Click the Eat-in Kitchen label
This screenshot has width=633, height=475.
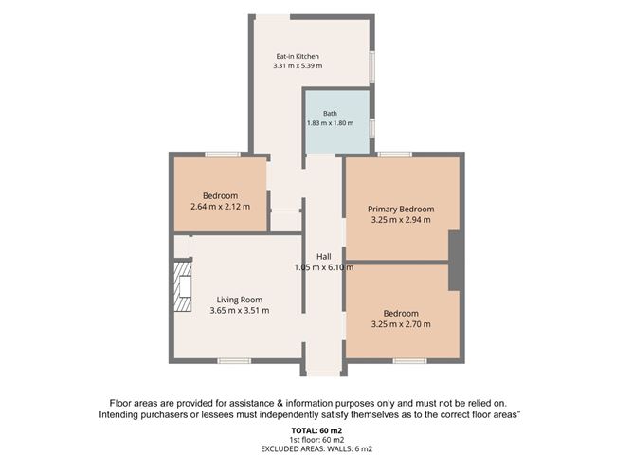[298, 56]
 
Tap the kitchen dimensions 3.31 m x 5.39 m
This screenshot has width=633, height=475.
[298, 65]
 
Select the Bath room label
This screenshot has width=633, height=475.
[330, 114]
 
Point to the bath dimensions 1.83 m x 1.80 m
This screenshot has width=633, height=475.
[330, 123]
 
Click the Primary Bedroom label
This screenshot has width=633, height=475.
[401, 210]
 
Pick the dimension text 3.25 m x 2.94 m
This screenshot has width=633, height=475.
[401, 220]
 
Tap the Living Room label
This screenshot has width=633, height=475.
[240, 300]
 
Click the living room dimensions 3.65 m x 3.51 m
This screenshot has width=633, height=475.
[240, 310]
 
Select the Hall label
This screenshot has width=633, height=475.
[324, 257]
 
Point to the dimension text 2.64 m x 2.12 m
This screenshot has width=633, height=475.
[220, 207]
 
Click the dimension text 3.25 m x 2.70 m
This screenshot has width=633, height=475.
[401, 324]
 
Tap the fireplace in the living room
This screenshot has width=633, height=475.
[183, 287]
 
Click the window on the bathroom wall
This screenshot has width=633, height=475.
[372, 128]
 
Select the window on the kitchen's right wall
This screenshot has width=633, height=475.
[372, 67]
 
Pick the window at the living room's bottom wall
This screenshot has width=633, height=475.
[234, 360]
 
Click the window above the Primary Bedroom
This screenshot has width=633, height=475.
[394, 155]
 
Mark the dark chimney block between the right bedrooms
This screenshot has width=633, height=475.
[455, 260]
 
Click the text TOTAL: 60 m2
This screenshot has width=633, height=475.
[316, 430]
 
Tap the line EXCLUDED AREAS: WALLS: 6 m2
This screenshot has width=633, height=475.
[316, 448]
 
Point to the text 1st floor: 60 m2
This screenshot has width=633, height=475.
[316, 440]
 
